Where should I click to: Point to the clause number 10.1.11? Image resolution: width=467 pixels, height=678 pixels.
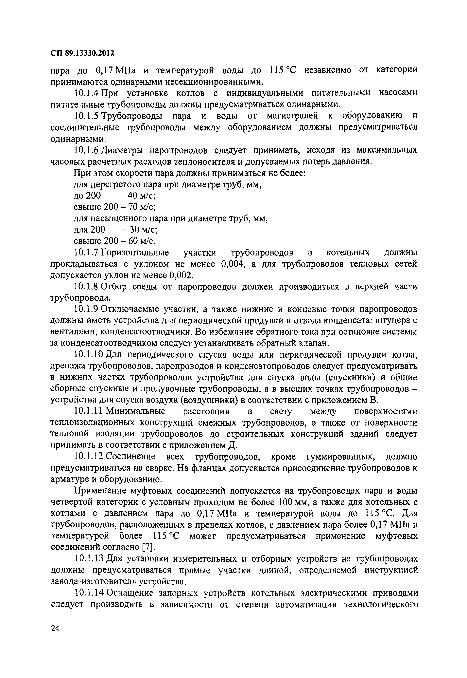coord(89,411)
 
